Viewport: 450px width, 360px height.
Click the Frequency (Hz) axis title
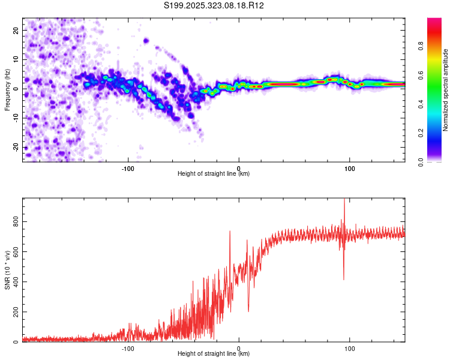pos(7,89)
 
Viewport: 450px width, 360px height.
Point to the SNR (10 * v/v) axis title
pos(7,270)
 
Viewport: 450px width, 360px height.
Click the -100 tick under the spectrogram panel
pos(127,169)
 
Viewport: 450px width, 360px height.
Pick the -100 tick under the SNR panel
pos(127,349)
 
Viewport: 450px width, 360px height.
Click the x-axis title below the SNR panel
pos(214,355)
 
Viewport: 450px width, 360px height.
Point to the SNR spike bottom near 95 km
pos(344,279)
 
